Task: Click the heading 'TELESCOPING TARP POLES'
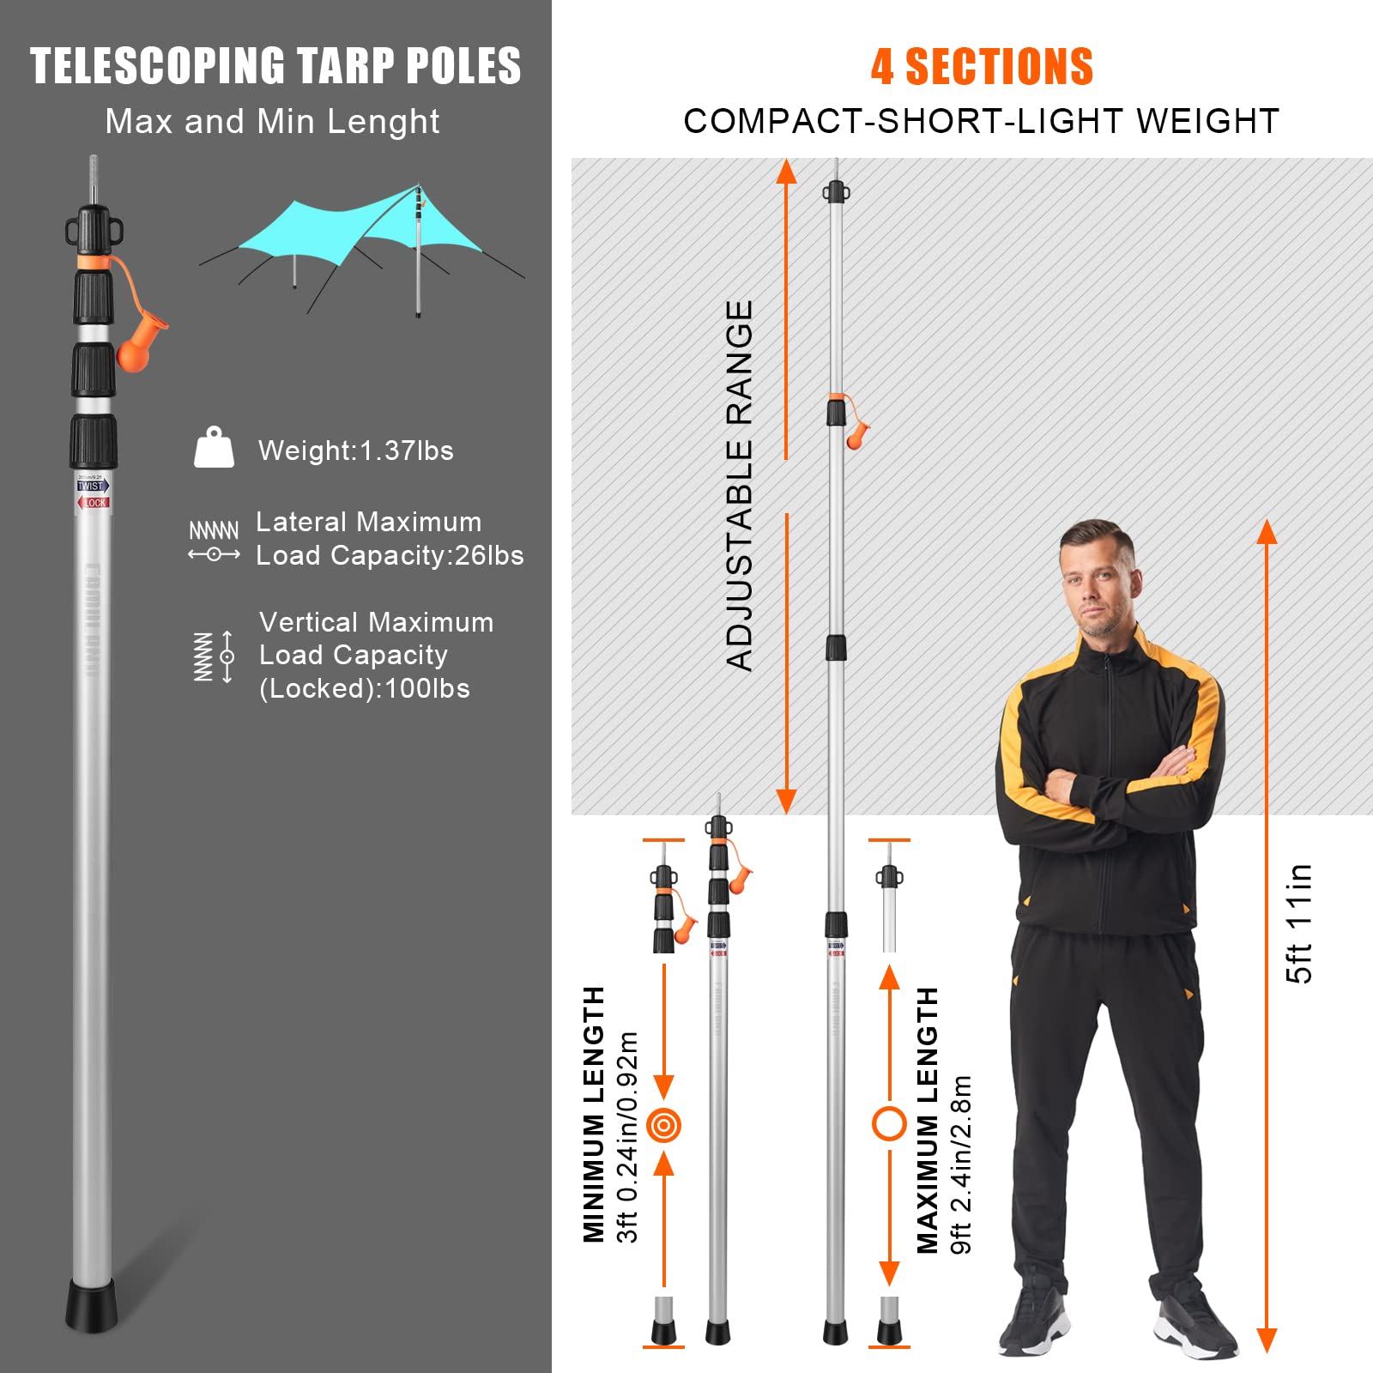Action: (x=275, y=66)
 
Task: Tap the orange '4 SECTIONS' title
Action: (x=982, y=67)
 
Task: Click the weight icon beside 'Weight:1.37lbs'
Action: (x=214, y=448)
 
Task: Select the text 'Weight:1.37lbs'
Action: (x=355, y=451)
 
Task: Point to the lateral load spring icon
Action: (x=214, y=541)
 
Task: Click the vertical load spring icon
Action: (x=214, y=656)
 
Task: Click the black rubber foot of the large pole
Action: (x=91, y=1304)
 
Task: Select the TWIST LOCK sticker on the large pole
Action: (x=93, y=493)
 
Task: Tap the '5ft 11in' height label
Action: (x=1299, y=923)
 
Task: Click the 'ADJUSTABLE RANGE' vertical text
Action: (x=739, y=485)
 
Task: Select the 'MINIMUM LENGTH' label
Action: (x=594, y=1114)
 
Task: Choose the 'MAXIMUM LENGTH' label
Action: (x=928, y=1120)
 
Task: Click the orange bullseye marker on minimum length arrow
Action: (x=664, y=1124)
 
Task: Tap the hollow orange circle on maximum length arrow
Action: (x=889, y=1123)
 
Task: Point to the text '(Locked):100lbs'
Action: (x=365, y=688)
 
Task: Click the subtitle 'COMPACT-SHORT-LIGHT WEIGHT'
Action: (x=981, y=121)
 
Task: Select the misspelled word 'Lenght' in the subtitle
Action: (x=384, y=122)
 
